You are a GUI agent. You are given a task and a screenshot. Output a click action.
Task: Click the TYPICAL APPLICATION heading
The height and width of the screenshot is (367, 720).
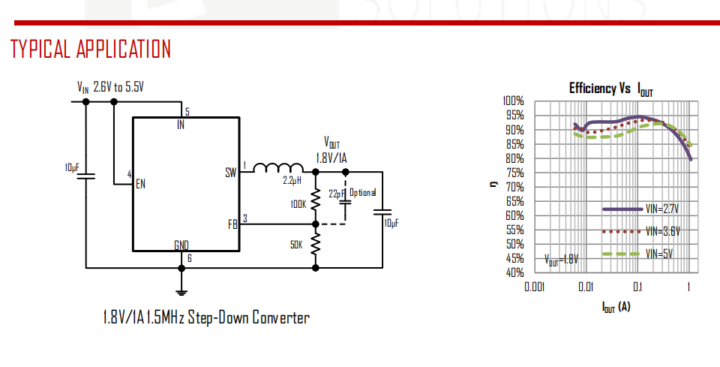coord(91,50)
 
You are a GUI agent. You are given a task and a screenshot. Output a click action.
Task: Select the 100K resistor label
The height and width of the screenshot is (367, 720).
coord(298,203)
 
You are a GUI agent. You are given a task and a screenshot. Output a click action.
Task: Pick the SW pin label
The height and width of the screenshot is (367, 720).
coord(230,173)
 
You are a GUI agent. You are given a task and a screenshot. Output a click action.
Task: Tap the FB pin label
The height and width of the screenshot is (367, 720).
coord(232,224)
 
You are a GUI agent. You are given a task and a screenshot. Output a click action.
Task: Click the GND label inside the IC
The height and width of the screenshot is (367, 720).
coord(181,245)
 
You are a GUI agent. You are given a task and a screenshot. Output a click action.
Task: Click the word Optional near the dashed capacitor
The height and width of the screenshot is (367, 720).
coord(363,193)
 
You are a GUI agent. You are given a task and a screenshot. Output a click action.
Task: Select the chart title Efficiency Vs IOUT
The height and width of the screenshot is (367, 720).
coord(610,89)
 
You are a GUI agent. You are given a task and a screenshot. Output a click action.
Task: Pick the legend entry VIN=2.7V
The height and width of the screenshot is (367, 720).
coord(660,209)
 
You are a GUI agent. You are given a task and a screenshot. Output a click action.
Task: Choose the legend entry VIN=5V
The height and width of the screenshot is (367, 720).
coord(658,254)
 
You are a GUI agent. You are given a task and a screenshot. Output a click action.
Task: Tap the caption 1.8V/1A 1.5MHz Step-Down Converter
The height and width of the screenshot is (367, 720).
coord(205,317)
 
